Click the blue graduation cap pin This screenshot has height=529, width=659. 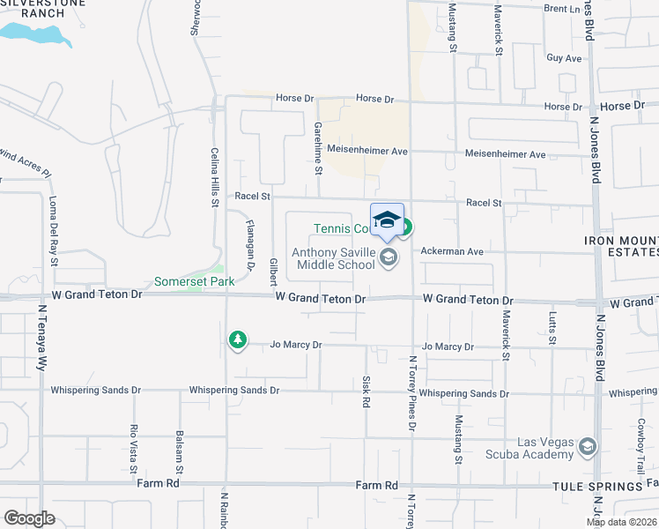click(x=387, y=220)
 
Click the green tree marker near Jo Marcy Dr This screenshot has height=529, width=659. click(x=237, y=339)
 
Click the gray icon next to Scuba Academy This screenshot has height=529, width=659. click(x=588, y=449)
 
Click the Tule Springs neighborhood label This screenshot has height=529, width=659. click(x=596, y=487)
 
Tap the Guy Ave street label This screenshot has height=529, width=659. click(x=564, y=58)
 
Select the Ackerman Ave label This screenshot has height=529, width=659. click(x=452, y=251)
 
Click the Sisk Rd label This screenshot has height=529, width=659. click(x=367, y=391)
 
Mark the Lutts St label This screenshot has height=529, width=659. click(x=553, y=326)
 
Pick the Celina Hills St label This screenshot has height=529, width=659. click(x=214, y=177)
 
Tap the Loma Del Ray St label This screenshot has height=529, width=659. click(x=54, y=230)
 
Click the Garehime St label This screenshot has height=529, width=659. click(x=317, y=146)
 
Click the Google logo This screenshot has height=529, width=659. click(x=29, y=518)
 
